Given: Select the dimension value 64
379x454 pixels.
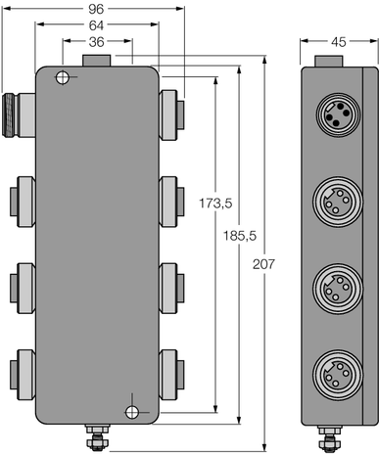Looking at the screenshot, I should tap(97, 25).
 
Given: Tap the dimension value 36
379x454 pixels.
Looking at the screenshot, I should tap(97, 41).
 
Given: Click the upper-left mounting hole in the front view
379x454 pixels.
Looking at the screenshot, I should tap(61, 79).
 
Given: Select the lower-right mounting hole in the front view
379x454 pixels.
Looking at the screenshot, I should tap(133, 410).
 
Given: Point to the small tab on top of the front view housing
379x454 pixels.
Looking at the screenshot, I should tap(97, 61).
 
